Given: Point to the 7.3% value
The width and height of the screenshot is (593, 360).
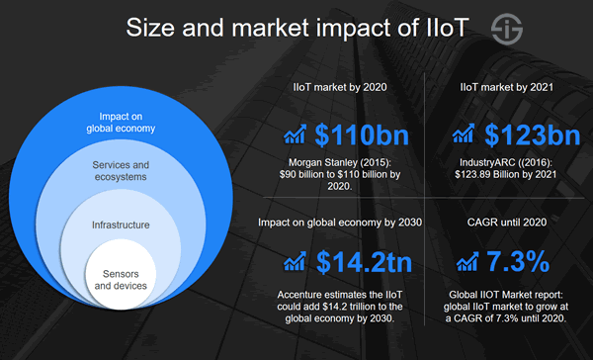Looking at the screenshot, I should point(517,262).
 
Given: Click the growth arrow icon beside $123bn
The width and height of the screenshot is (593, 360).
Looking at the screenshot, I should point(461,135).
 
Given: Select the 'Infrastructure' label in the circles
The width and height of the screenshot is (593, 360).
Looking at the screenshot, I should point(121,225).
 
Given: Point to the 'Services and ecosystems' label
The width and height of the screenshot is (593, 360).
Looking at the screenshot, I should point(121,170).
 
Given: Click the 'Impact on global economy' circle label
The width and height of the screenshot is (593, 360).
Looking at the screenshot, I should point(121,122).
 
